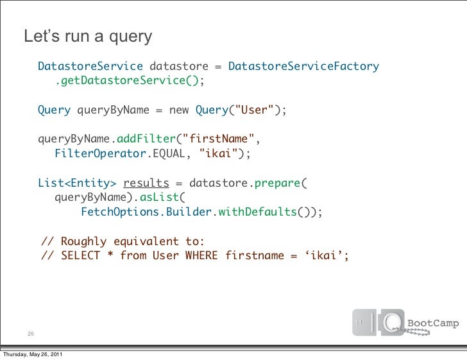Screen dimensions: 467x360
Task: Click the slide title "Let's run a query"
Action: coord(88,37)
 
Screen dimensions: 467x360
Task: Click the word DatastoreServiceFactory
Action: coord(303,67)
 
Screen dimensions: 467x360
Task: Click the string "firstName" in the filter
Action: coord(222,139)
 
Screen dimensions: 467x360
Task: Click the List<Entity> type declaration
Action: coord(77,183)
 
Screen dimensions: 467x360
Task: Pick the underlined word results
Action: coord(146,183)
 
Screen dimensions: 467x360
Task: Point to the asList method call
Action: coord(161,198)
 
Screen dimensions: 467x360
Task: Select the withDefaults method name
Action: coord(257,212)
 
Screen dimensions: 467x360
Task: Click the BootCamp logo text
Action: coord(434,323)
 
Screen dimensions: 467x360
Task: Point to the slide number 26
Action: coord(31,334)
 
